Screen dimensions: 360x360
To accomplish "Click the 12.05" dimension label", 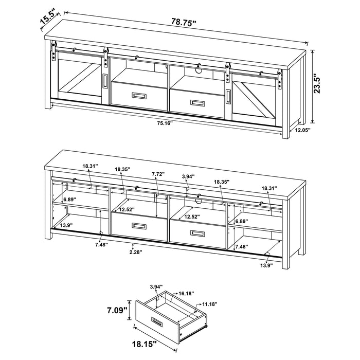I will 303,131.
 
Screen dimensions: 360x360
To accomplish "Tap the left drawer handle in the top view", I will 139,96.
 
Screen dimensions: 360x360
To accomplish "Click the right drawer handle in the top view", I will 197,102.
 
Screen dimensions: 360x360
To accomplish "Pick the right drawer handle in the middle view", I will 197,233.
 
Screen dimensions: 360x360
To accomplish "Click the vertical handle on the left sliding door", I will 105,82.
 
